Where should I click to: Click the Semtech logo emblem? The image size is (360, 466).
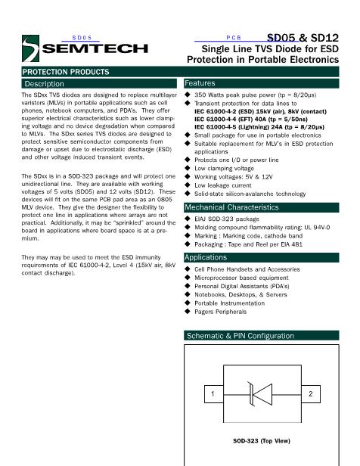coord(30,48)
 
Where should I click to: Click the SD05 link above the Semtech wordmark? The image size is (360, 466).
coord(82,38)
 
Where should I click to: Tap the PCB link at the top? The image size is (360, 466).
coord(234,38)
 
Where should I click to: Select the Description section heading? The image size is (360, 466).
coord(45,84)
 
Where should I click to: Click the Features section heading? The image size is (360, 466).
coord(200,83)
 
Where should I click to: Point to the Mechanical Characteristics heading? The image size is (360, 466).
coord(231,207)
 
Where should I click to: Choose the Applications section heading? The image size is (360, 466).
coord(206,257)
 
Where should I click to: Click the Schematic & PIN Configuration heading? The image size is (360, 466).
coord(241,336)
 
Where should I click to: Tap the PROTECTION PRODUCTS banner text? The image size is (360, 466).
coord(66,72)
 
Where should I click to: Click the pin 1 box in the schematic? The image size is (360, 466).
coord(214,394)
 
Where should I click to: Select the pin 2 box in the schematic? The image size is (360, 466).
coord(311,394)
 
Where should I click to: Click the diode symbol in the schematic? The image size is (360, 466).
coord(260,394)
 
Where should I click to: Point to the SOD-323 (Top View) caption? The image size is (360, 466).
coord(262,441)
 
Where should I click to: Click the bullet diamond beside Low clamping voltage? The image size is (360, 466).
coord(187,168)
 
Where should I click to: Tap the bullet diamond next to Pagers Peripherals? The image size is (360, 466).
coord(187,311)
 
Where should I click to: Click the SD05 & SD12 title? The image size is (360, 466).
coord(303,38)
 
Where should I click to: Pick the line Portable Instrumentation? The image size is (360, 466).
coord(230,303)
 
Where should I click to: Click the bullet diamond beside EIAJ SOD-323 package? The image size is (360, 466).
coord(187,219)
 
